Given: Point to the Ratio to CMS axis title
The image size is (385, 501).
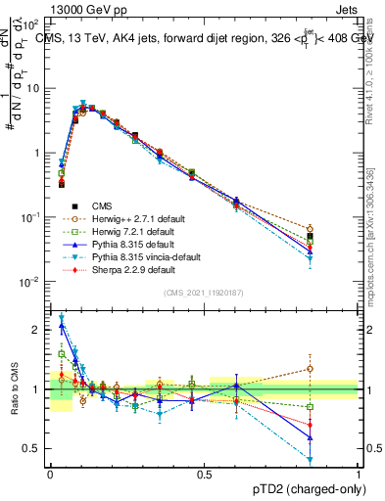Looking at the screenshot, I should click(13, 390).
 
